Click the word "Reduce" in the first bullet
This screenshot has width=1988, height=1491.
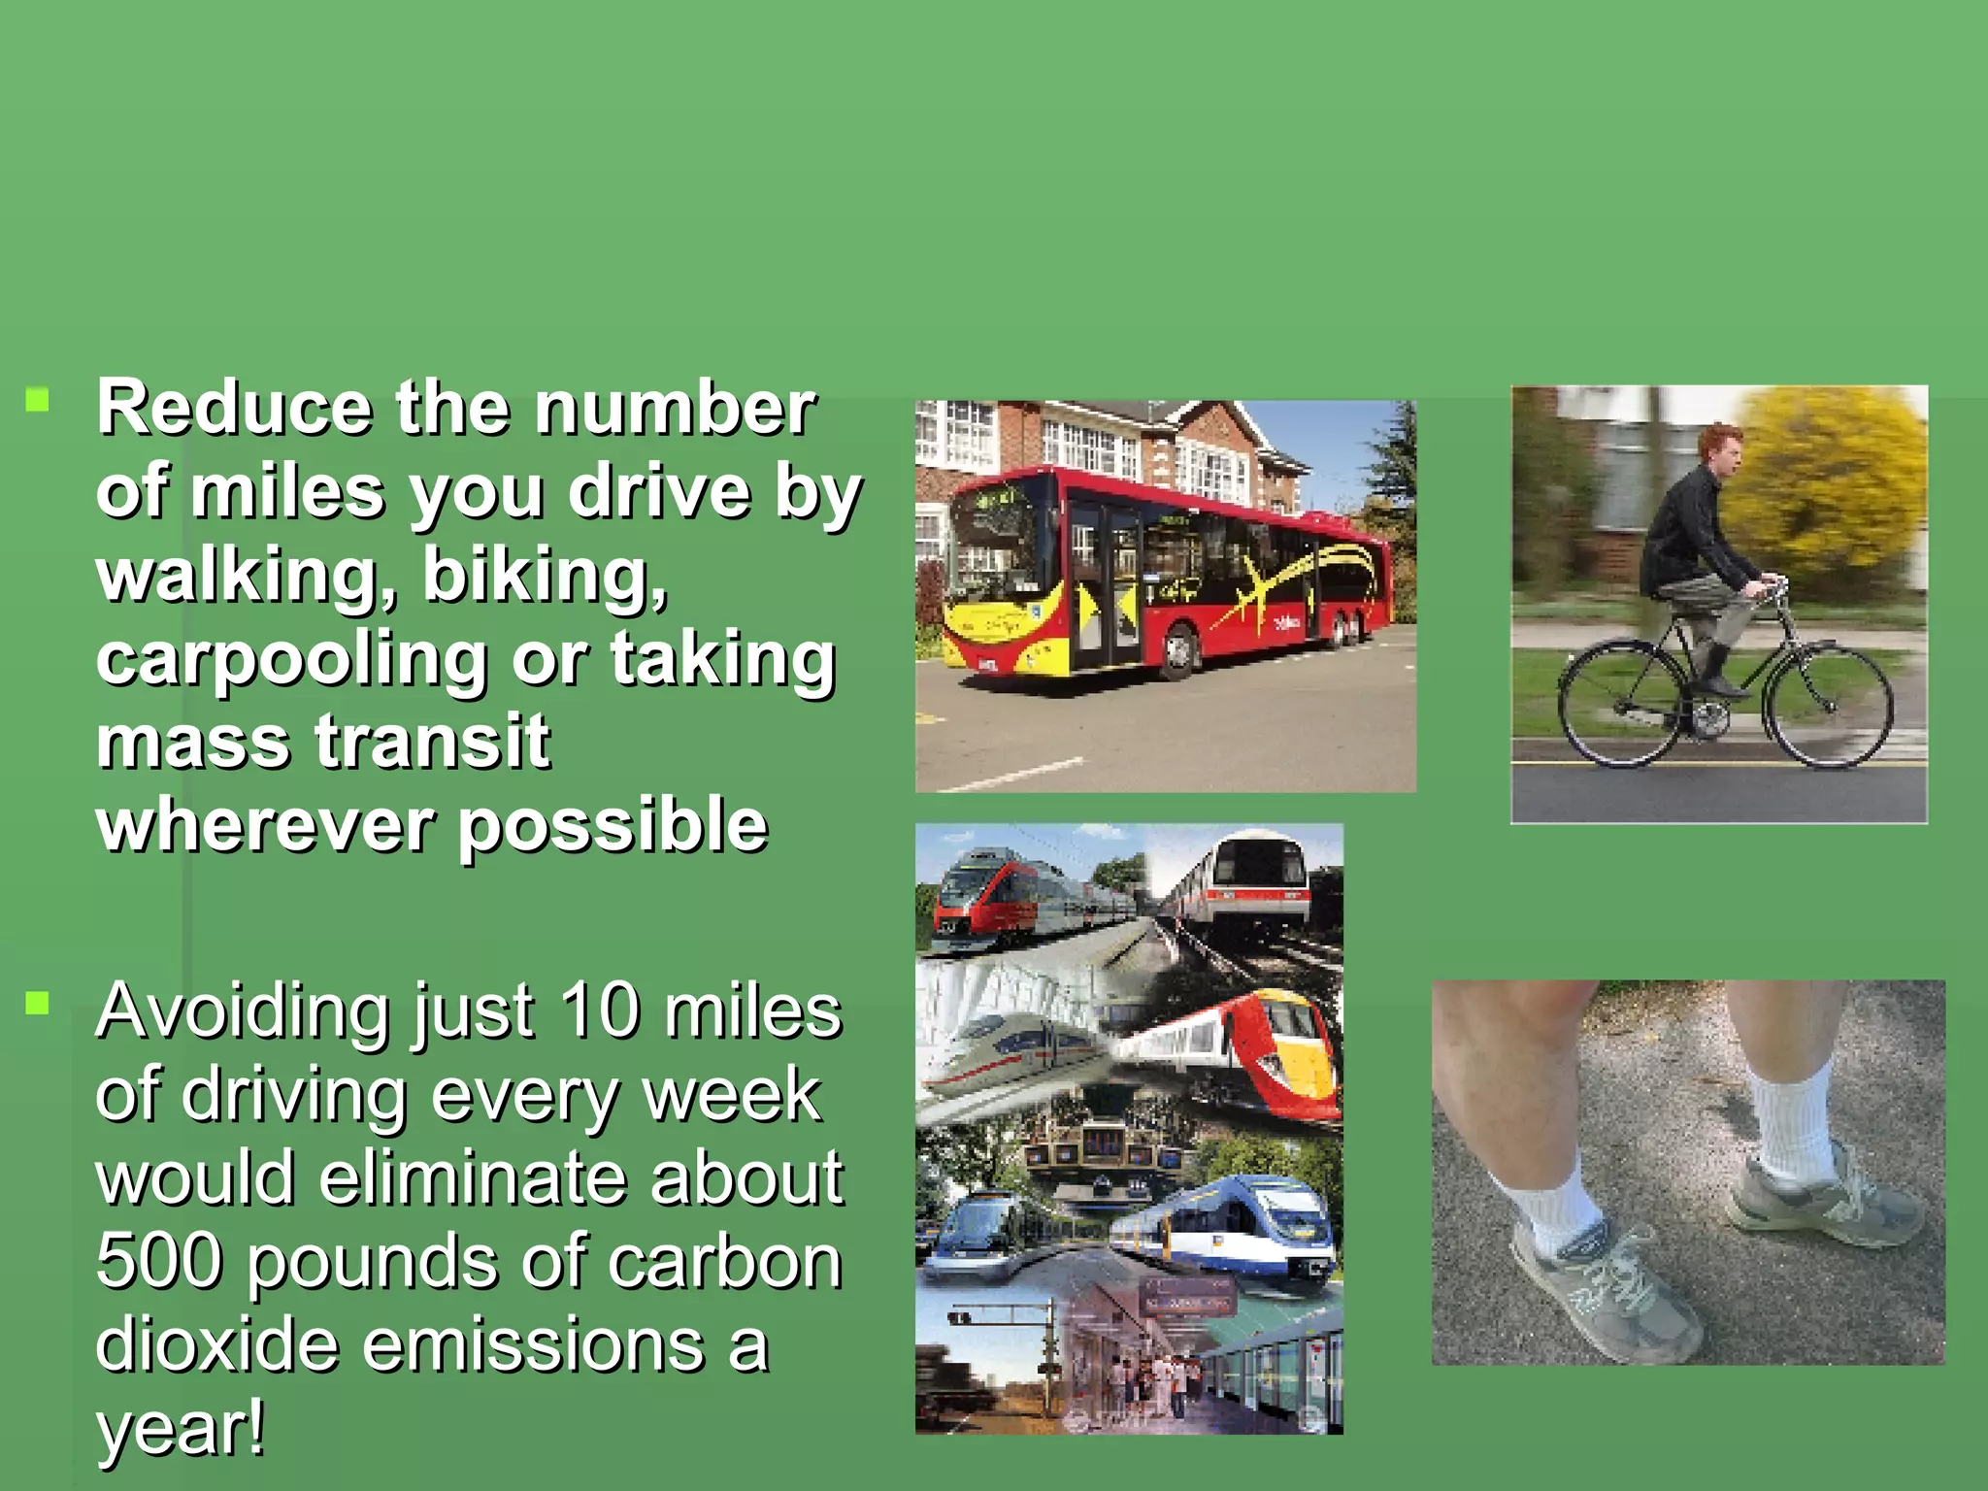point(234,409)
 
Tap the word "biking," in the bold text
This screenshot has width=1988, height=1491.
point(544,577)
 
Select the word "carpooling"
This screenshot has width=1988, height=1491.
point(291,661)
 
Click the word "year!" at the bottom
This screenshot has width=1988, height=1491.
point(180,1429)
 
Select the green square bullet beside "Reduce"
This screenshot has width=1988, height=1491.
point(38,401)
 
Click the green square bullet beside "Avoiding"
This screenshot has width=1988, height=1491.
point(38,1003)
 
